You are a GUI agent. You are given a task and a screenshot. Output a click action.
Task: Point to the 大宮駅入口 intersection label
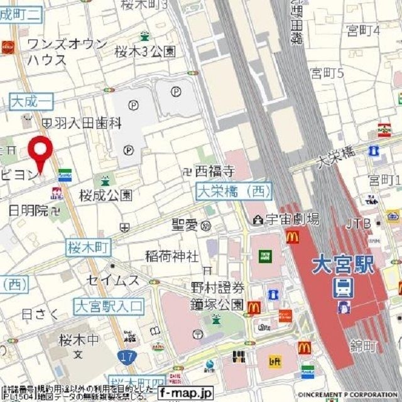(109, 307)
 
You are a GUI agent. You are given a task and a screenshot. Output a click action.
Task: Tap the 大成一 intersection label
(32, 100)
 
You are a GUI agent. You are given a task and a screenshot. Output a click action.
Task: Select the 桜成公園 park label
(106, 195)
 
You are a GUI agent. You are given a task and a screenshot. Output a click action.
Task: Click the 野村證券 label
(217, 288)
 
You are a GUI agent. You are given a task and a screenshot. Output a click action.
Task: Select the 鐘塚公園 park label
(217, 305)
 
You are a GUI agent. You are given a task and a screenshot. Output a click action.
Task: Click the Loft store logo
(274, 361)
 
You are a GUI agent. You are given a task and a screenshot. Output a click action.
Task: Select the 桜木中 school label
(79, 340)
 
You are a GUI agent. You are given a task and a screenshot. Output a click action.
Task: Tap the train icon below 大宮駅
(343, 288)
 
